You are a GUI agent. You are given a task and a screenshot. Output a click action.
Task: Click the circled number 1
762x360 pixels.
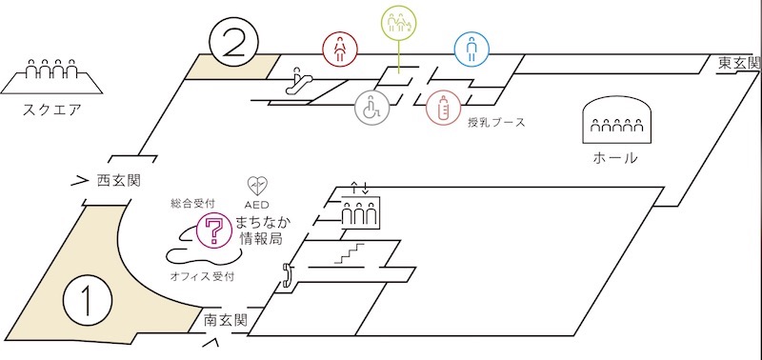click(88, 301)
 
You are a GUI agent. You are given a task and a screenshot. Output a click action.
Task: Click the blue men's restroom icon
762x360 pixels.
click(471, 50)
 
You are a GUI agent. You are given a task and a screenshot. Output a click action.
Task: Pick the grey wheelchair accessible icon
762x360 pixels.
click(371, 107)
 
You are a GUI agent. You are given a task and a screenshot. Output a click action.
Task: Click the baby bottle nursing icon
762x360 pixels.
click(443, 107)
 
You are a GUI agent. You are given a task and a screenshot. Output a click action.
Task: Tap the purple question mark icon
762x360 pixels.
click(214, 230)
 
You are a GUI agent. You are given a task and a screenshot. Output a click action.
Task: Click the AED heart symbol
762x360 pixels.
click(257, 186)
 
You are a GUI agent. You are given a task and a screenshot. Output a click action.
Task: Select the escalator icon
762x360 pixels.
click(297, 81)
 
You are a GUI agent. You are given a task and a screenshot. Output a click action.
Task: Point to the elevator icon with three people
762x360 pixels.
click(360, 211)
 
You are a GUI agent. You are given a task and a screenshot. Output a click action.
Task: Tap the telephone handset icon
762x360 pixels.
click(287, 275)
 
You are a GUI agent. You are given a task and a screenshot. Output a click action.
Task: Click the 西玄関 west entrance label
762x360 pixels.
click(118, 181)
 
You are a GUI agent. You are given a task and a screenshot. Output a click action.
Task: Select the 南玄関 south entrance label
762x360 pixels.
click(226, 320)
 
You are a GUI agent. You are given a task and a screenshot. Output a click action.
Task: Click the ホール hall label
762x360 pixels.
click(615, 158)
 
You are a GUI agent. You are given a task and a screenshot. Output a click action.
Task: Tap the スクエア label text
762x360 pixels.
click(52, 110)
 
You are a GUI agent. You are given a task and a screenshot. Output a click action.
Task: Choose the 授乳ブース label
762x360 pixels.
click(496, 123)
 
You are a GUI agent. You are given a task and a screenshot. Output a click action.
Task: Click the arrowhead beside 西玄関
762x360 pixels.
click(80, 181)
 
